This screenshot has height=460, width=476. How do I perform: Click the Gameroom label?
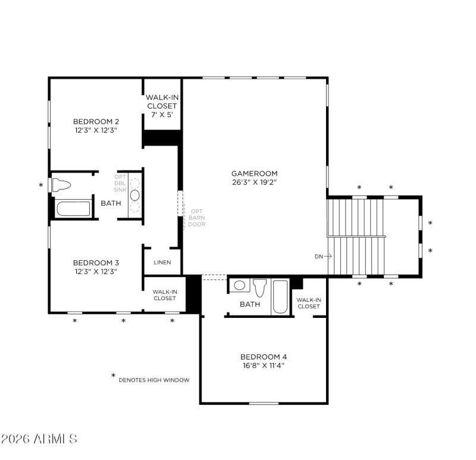point(255,174)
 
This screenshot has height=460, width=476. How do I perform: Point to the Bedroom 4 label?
point(264,357)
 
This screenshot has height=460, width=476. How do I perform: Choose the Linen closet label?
point(162,262)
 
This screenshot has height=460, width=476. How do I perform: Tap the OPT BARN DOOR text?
point(197,218)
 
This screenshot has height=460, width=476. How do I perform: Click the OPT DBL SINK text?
point(121,183)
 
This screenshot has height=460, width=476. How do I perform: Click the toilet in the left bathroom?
point(61,185)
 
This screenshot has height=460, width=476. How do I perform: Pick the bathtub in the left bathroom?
point(73,209)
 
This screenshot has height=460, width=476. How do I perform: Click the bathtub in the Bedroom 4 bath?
point(280,297)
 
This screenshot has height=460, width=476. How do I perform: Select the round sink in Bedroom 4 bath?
point(239,285)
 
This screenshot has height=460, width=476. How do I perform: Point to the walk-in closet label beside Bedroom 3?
point(164,295)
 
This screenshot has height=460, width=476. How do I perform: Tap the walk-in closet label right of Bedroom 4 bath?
point(308,303)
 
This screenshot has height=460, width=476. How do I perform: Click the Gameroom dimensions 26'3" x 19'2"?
point(255,182)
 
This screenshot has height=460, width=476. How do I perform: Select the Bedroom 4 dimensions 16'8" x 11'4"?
point(264,366)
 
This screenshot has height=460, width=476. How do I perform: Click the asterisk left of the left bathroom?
point(41,185)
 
